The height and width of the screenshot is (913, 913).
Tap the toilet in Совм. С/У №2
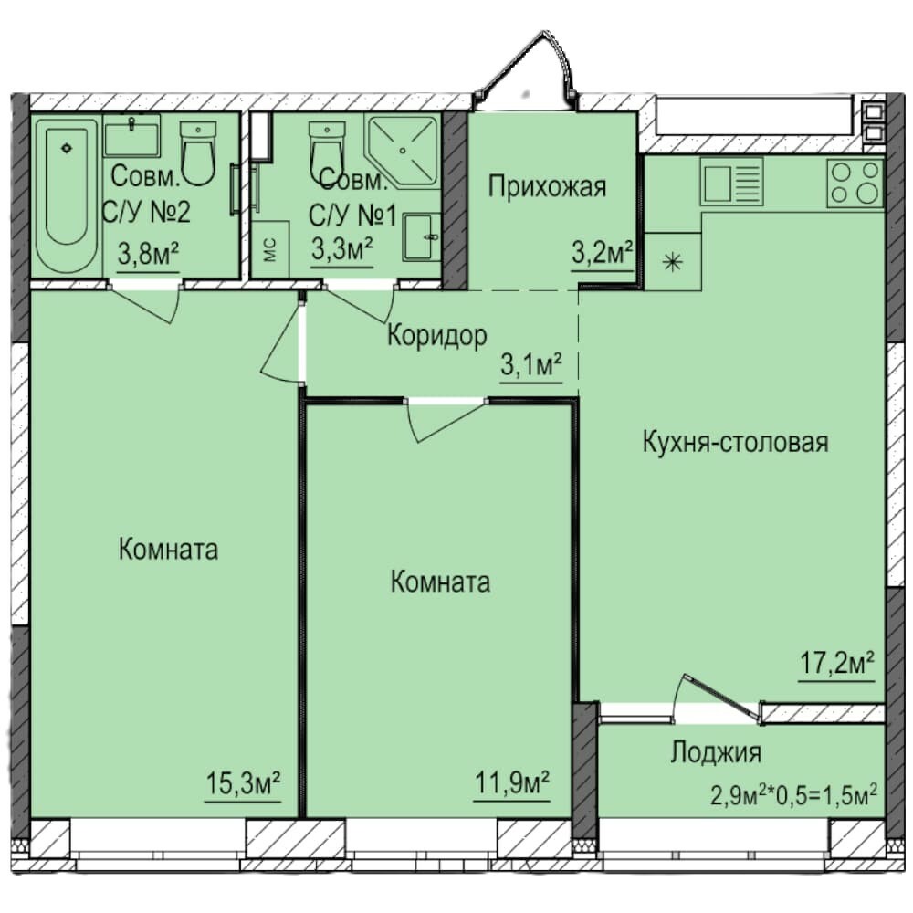[x=198, y=153]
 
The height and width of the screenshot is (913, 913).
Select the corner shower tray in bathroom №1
[x=402, y=152]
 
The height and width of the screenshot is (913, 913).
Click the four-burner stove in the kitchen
[x=855, y=183]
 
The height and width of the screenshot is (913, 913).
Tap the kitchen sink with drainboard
[x=731, y=182]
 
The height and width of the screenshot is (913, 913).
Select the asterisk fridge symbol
[x=673, y=263]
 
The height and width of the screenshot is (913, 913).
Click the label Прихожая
[x=547, y=187]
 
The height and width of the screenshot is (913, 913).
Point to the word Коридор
[x=436, y=336]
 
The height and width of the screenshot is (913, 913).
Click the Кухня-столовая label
[x=735, y=442]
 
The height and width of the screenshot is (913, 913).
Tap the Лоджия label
[x=716, y=752]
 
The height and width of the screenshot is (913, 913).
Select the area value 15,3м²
[x=244, y=782]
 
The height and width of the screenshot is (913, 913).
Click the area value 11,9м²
[x=512, y=782]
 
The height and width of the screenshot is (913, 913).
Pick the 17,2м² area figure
[x=836, y=663]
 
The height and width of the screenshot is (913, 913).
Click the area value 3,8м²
[x=148, y=253]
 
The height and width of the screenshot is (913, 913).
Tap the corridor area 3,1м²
[x=531, y=364]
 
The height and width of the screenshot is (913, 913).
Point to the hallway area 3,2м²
[x=602, y=253]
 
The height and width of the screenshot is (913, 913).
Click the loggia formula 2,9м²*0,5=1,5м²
[x=794, y=794]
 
